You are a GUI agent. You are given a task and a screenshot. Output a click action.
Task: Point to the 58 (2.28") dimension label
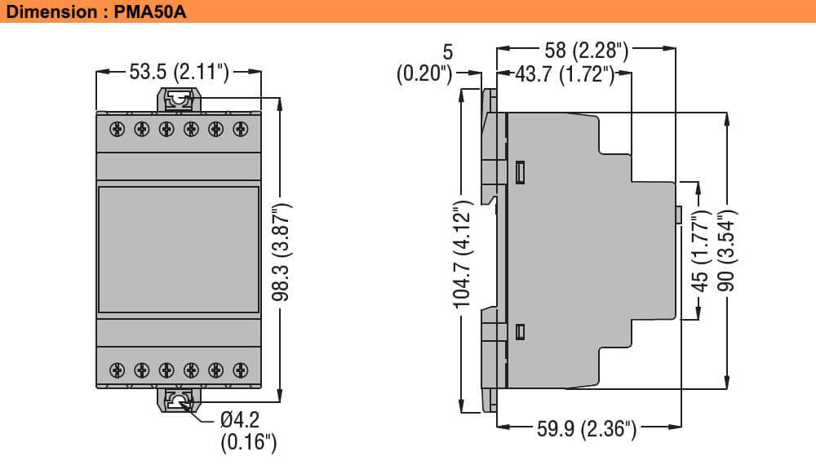coord(586,50)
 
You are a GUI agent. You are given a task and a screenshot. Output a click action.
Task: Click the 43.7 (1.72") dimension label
coord(564,74)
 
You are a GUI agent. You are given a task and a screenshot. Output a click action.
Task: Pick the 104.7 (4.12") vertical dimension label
coord(463,259)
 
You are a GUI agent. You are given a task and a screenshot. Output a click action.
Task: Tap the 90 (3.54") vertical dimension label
coord(726,250)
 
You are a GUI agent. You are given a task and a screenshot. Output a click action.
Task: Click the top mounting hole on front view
coord(178,100)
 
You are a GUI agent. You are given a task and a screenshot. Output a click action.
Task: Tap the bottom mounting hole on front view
coord(178,401)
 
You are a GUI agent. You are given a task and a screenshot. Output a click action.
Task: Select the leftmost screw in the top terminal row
coord(117,129)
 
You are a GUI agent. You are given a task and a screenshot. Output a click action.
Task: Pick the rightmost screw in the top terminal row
coord(240,129)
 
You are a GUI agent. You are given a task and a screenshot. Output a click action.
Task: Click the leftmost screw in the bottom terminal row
coord(117,370)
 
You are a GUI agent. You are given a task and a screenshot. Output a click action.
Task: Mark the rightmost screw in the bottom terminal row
coord(240,370)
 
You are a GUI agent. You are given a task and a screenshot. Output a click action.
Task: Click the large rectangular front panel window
coord(178,250)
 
